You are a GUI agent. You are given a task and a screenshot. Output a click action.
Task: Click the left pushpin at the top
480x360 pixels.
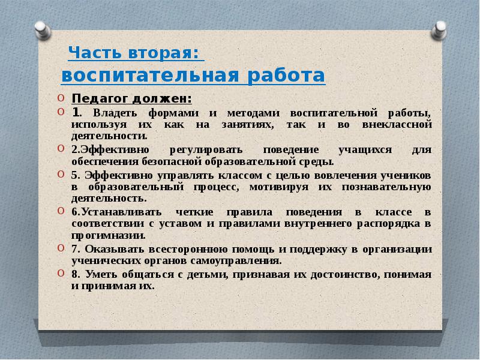point(42,30)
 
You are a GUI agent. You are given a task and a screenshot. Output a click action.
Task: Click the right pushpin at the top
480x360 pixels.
point(439,30)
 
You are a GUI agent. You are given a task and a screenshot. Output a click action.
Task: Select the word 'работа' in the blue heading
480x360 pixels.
point(286,74)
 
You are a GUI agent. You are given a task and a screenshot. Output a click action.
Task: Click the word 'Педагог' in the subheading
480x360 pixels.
point(100,99)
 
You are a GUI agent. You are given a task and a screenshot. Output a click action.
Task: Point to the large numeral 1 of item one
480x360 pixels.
point(76,112)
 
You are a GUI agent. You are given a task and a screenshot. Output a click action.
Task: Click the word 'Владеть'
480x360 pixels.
point(115,113)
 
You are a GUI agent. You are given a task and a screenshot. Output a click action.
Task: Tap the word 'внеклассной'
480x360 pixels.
point(397,125)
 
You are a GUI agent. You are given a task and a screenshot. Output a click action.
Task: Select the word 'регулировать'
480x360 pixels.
point(206,151)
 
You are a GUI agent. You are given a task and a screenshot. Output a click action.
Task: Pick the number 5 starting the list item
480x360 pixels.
point(75,175)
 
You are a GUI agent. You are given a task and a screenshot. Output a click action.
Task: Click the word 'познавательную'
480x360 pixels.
point(386,187)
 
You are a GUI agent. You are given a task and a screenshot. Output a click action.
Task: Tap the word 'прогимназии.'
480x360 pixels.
point(109,236)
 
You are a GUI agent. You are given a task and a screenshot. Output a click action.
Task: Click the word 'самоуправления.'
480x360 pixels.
point(236,261)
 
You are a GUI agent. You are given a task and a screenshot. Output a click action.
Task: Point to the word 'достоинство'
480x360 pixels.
point(343,275)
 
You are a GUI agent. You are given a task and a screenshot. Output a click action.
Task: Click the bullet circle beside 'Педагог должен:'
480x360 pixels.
point(61,98)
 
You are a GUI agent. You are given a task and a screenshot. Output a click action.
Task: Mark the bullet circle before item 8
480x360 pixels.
point(61,273)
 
